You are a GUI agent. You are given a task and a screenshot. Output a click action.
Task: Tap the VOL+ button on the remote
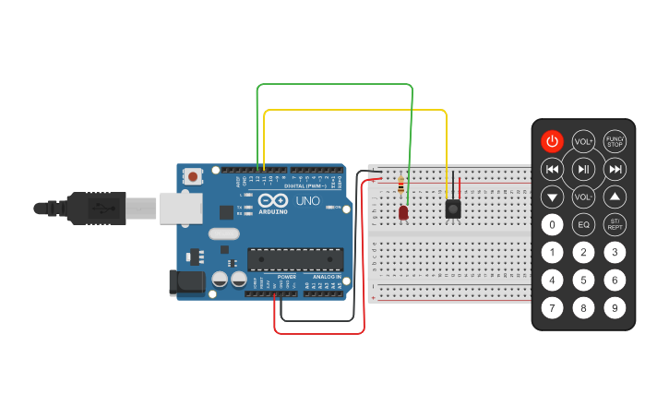583,141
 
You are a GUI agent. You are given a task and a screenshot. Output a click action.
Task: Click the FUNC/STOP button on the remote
615,141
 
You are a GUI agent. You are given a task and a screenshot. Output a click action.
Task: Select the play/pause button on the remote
583,169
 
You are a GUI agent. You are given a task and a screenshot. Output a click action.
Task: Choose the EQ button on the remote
583,224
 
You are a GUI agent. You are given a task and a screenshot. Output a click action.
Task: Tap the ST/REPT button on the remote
615,224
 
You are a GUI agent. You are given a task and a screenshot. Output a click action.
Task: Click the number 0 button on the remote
552,224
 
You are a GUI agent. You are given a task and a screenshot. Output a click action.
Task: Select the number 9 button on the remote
615,308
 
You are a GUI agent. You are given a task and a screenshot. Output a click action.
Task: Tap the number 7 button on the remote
552,308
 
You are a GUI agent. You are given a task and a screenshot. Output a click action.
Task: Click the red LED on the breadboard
403,213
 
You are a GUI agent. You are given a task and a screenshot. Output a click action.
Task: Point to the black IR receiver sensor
453,209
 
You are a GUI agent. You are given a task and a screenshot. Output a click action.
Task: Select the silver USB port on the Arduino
179,208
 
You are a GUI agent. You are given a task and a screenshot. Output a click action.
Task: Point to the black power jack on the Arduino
185,282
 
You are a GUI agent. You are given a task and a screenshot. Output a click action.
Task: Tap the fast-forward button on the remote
615,169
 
